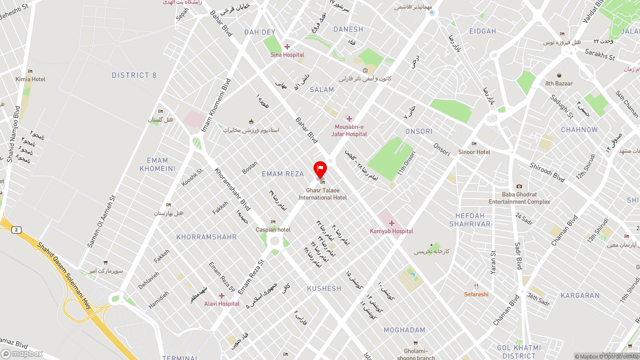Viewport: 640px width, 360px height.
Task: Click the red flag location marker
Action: (320, 169)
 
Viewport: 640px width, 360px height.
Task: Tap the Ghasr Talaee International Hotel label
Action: (322, 194)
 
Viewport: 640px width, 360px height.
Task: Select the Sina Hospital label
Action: (287, 55)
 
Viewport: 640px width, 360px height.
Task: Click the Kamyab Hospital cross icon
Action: (391, 223)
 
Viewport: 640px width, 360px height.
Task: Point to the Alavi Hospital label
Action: (221, 303)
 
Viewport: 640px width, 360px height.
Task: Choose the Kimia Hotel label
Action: (30, 79)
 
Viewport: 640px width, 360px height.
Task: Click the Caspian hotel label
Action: (273, 229)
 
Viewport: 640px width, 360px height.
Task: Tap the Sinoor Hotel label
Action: (474, 151)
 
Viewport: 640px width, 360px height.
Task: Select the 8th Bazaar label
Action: (559, 83)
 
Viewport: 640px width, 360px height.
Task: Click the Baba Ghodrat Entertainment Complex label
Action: (519, 198)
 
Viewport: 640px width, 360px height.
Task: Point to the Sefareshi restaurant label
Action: (476, 294)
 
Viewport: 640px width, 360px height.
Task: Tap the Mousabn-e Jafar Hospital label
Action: (349, 130)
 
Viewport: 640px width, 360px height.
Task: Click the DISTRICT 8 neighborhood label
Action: (134, 75)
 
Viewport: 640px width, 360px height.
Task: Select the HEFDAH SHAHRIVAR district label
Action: (470, 220)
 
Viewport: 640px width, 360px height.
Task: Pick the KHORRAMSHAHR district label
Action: (206, 237)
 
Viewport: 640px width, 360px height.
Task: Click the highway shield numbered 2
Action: (17, 230)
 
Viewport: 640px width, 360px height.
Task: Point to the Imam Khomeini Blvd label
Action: (216, 105)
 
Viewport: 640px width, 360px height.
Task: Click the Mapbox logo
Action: (22, 354)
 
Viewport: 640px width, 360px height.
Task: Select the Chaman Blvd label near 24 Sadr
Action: (564, 230)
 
